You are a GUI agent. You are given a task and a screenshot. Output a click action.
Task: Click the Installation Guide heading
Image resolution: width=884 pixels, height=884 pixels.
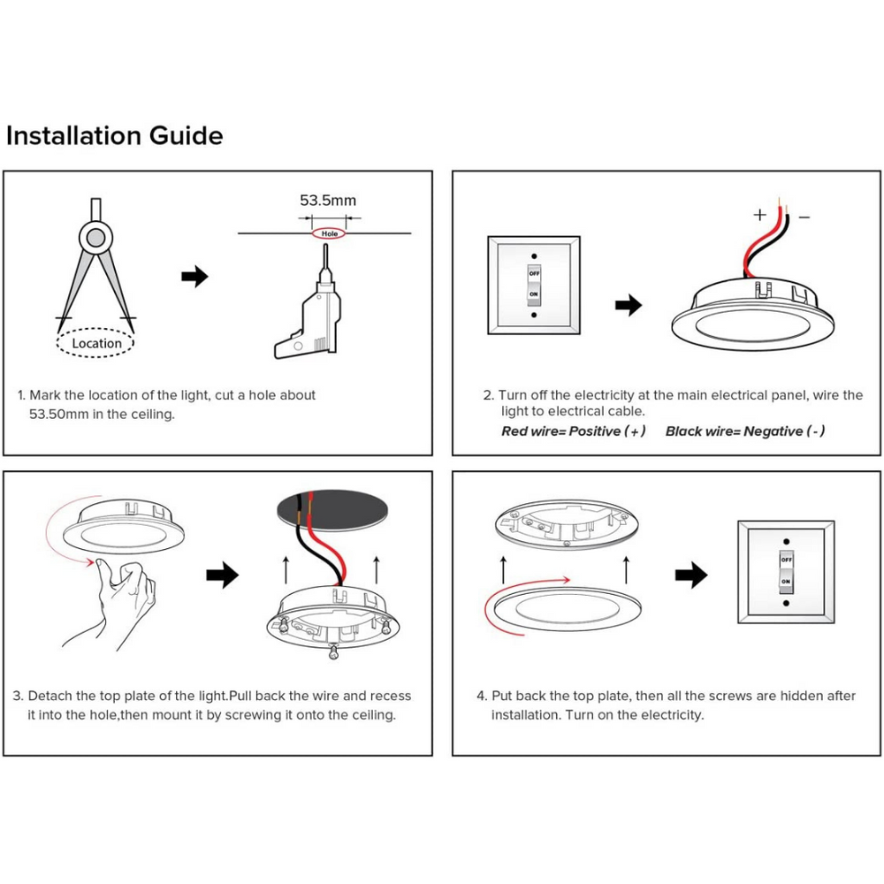click(x=114, y=136)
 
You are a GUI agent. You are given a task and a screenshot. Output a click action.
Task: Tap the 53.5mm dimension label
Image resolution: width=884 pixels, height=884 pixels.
click(x=328, y=201)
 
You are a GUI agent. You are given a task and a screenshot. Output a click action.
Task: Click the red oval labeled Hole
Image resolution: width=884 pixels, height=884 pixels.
click(x=330, y=234)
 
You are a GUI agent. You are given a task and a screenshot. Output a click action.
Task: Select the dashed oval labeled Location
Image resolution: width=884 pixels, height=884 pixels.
click(x=96, y=343)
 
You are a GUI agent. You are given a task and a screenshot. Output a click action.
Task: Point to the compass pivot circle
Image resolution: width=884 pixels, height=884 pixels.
click(x=95, y=236)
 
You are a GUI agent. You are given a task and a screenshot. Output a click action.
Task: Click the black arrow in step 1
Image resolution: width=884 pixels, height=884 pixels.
click(x=194, y=277)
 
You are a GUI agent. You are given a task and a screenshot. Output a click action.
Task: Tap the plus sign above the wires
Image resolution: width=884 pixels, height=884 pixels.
click(x=759, y=214)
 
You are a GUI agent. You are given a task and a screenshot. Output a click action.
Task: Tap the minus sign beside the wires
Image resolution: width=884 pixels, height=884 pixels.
click(x=804, y=216)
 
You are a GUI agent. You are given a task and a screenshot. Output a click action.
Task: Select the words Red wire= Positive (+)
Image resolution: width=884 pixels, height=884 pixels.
click(x=574, y=431)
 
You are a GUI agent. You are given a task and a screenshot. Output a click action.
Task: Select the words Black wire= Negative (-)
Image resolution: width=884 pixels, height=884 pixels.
click(x=745, y=431)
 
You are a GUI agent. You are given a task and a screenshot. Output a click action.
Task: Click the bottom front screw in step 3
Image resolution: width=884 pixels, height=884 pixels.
click(x=334, y=652)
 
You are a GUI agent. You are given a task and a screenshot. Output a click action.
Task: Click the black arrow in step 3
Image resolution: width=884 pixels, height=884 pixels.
click(x=222, y=576)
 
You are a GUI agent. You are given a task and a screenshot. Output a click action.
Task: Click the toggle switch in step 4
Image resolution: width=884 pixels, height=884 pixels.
click(x=786, y=571)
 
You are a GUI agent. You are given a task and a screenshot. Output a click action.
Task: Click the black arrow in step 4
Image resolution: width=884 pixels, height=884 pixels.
click(x=690, y=576)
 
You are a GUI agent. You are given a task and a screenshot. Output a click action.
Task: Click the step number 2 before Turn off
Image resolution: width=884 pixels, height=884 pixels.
click(x=487, y=395)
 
